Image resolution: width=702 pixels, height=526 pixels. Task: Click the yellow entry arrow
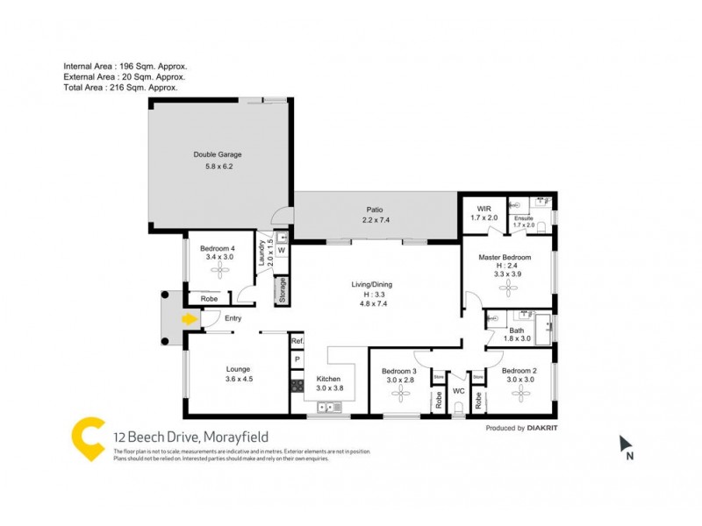point(188,319)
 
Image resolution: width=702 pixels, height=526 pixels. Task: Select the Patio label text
point(374,210)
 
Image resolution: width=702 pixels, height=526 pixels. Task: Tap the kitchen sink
point(329,406)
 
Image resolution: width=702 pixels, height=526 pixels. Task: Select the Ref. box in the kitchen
point(297,341)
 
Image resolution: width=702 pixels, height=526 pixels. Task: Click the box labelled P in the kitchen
point(297,359)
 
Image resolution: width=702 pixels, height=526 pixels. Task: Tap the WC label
point(458,390)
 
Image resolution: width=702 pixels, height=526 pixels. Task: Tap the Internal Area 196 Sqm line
point(125,66)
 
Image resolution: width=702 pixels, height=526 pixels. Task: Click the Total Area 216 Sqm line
point(121,88)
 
